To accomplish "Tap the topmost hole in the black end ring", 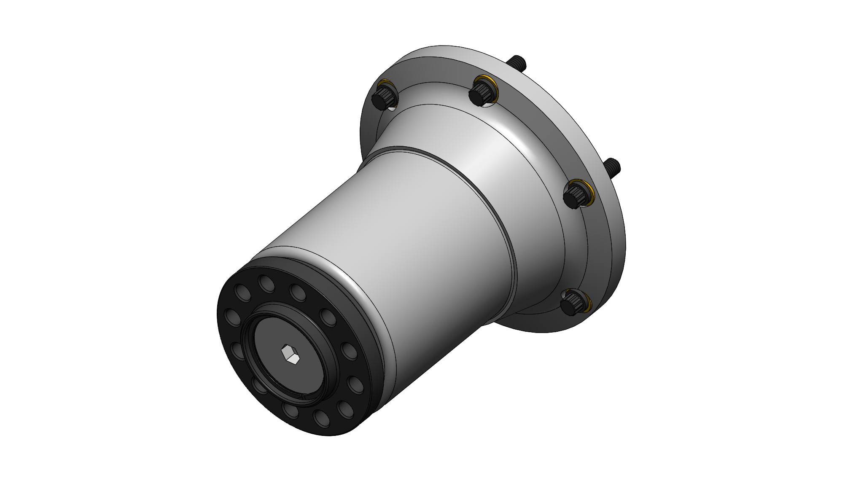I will pos(266,283).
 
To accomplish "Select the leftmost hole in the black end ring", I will pos(231,317).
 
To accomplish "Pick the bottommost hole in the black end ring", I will pos(321,418).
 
